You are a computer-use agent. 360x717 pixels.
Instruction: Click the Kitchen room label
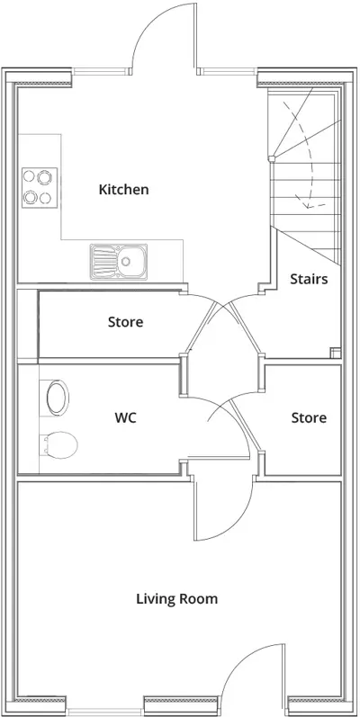pos(123,190)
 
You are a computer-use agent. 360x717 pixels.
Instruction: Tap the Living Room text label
pos(176,598)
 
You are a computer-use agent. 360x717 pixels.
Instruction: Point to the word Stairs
pos(309,279)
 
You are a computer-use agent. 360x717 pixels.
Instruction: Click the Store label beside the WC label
pos(309,417)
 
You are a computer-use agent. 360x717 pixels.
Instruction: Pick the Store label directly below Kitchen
pos(125,322)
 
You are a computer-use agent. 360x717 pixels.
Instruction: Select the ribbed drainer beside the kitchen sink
pos(104,261)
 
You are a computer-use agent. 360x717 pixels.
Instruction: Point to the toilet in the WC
pos(59,444)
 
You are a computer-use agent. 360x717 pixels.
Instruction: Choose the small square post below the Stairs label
pos(335,352)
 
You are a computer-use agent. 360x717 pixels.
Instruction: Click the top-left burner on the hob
pos(30,176)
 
